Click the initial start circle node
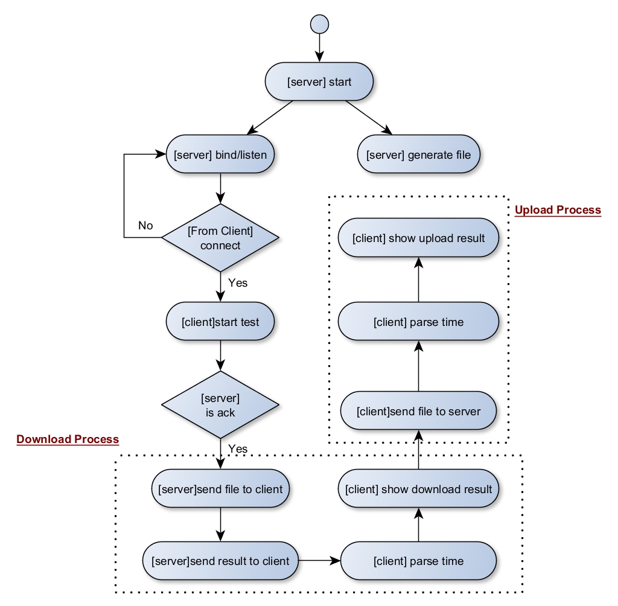(x=319, y=24)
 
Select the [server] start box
(x=319, y=81)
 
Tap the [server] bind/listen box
(x=220, y=155)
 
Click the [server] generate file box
(x=418, y=155)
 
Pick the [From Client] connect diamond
(x=220, y=237)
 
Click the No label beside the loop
(x=145, y=226)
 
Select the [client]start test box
(x=220, y=322)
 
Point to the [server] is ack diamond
(x=220, y=404)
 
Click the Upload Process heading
(x=558, y=210)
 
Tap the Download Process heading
(x=68, y=439)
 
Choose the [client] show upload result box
(x=418, y=238)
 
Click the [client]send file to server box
(x=418, y=412)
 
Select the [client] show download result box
(x=418, y=489)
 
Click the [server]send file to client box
(x=220, y=489)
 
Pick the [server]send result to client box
(x=220, y=561)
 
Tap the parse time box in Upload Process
(x=418, y=322)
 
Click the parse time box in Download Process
(x=418, y=561)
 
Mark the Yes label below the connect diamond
(x=238, y=282)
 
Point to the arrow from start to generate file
(x=368, y=117)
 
